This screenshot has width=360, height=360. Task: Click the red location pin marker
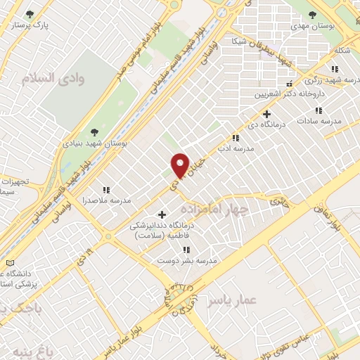(x=180, y=165)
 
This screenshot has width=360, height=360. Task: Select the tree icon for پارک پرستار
(x=29, y=14)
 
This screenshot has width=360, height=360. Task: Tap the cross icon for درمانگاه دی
(x=266, y=114)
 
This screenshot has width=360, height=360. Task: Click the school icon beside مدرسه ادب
(x=236, y=139)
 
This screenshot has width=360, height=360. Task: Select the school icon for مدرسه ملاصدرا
(x=107, y=190)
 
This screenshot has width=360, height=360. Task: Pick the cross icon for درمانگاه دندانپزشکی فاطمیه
(x=162, y=214)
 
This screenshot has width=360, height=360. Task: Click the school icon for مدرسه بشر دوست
(x=186, y=250)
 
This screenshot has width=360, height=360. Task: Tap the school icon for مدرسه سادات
(x=319, y=110)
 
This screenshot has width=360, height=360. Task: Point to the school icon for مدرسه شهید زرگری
(x=335, y=69)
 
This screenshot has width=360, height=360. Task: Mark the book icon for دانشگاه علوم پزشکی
(x=9, y=263)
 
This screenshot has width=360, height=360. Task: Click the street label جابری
(x=279, y=200)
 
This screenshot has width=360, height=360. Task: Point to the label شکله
(x=342, y=49)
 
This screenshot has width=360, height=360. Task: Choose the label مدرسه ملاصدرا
(x=107, y=200)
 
